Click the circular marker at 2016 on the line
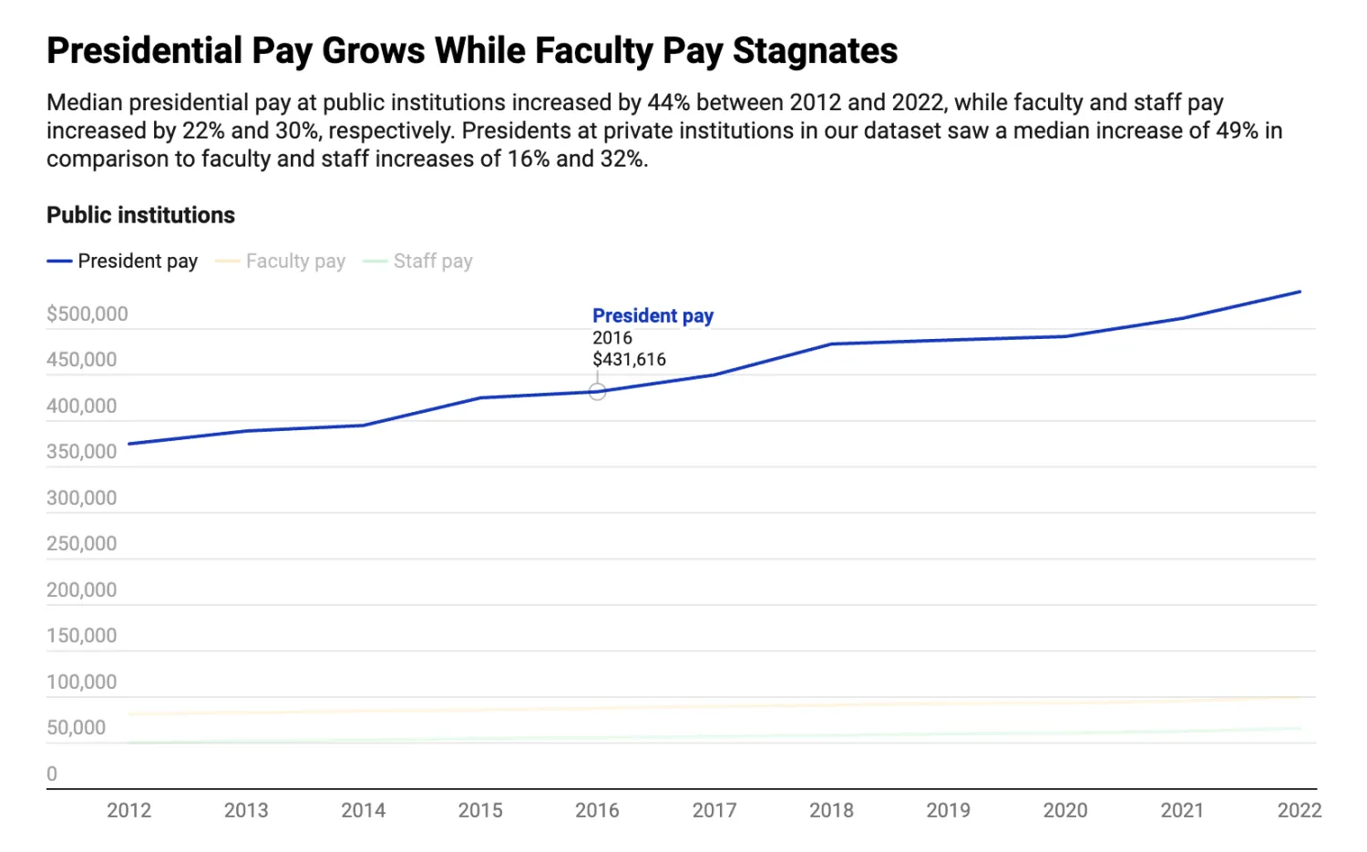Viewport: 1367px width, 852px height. click(597, 392)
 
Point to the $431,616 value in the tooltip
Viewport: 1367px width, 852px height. click(629, 359)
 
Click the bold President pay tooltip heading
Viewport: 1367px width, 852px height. click(653, 315)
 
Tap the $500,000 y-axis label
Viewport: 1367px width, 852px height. click(87, 314)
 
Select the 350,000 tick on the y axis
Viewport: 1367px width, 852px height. click(82, 452)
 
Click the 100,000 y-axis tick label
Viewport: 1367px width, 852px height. click(82, 682)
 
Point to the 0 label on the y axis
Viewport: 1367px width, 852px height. click(52, 774)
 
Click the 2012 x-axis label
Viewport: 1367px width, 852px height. click(129, 810)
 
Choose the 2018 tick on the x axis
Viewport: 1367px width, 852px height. click(831, 810)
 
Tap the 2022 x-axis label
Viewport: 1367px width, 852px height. click(1299, 810)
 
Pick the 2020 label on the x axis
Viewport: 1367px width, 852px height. click(1065, 810)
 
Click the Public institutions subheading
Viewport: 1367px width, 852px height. click(141, 215)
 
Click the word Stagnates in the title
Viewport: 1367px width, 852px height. click(815, 51)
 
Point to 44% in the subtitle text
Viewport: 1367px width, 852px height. click(668, 102)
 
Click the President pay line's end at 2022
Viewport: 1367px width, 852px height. click(1300, 292)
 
